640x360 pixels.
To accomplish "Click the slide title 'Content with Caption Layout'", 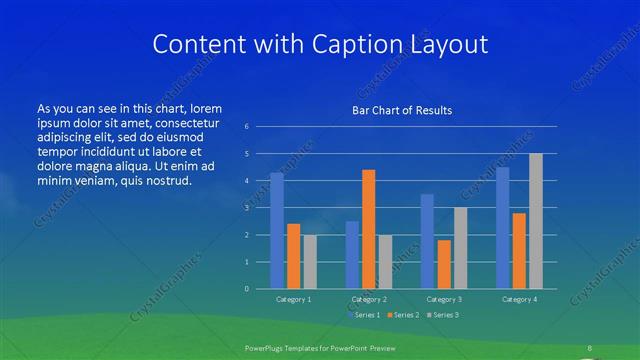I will (x=319, y=44).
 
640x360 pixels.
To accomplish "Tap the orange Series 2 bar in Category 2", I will (x=368, y=229).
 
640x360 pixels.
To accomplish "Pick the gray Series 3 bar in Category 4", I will (x=536, y=221).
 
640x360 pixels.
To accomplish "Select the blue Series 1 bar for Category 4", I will (x=502, y=228).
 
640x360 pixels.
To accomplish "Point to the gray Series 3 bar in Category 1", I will (x=310, y=261).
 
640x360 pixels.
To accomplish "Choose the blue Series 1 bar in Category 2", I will (x=352, y=254).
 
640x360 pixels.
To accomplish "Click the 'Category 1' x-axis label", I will (x=293, y=299).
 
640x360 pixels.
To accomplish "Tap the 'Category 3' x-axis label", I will (x=443, y=299).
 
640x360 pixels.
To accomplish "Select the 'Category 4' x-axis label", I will (x=519, y=299).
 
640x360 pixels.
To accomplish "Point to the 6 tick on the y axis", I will (x=247, y=127).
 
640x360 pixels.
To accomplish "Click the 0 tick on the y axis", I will (x=247, y=289).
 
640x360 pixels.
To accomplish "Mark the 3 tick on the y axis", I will (x=247, y=208).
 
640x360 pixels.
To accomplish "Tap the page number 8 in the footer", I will (x=589, y=347).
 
